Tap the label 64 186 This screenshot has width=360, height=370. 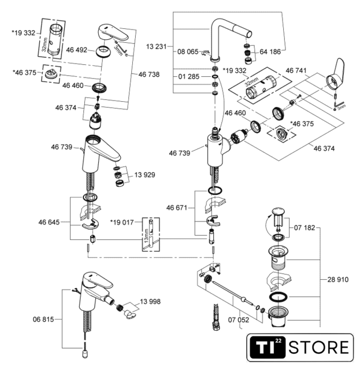point(269,51)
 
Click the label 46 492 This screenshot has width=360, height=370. point(76,50)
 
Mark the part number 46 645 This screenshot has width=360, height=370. point(50,221)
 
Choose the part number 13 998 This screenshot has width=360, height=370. point(149,301)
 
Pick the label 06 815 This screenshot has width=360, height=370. point(43,319)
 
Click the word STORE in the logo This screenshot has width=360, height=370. point(318,349)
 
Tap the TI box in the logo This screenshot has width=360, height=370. point(266,349)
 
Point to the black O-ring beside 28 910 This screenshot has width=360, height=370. point(280,298)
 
